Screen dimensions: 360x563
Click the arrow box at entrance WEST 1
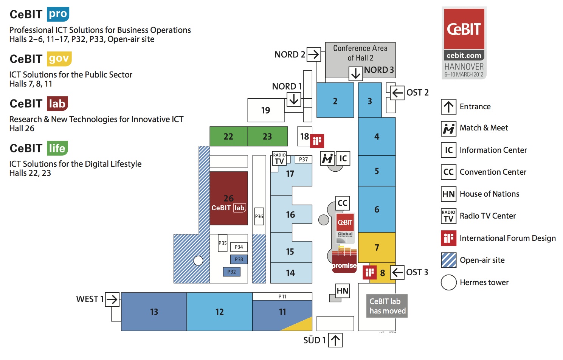pyautogui.click(x=112, y=299)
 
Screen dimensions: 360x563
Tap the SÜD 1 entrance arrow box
pyautogui.click(x=335, y=340)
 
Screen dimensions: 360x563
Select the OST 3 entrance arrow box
pyautogui.click(x=397, y=272)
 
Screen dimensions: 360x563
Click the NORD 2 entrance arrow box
pyautogui.click(x=313, y=54)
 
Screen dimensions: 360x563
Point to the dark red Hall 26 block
pyautogui.click(x=229, y=198)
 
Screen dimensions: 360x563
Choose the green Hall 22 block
pyautogui.click(x=228, y=137)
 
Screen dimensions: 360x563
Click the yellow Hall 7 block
pyautogui.click(x=377, y=247)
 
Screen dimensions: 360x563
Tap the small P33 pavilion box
pyautogui.click(x=239, y=259)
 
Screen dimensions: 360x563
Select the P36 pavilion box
pyautogui.click(x=259, y=216)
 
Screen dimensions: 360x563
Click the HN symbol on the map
pyautogui.click(x=343, y=291)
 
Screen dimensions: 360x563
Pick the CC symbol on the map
pyautogui.click(x=343, y=203)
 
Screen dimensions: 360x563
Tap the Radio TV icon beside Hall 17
pyautogui.click(x=279, y=158)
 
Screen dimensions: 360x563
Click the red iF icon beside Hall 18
pyautogui.click(x=317, y=141)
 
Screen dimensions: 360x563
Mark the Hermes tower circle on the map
pyautogui.click(x=198, y=260)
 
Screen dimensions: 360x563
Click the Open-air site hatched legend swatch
pyautogui.click(x=448, y=260)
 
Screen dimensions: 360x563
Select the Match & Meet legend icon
pyautogui.click(x=448, y=129)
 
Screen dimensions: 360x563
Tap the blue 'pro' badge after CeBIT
pyautogui.click(x=58, y=14)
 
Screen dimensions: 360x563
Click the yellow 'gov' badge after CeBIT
pyautogui.click(x=59, y=59)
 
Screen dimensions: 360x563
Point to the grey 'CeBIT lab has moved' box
pyautogui.click(x=387, y=306)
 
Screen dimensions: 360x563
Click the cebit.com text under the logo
pyautogui.click(x=464, y=56)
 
